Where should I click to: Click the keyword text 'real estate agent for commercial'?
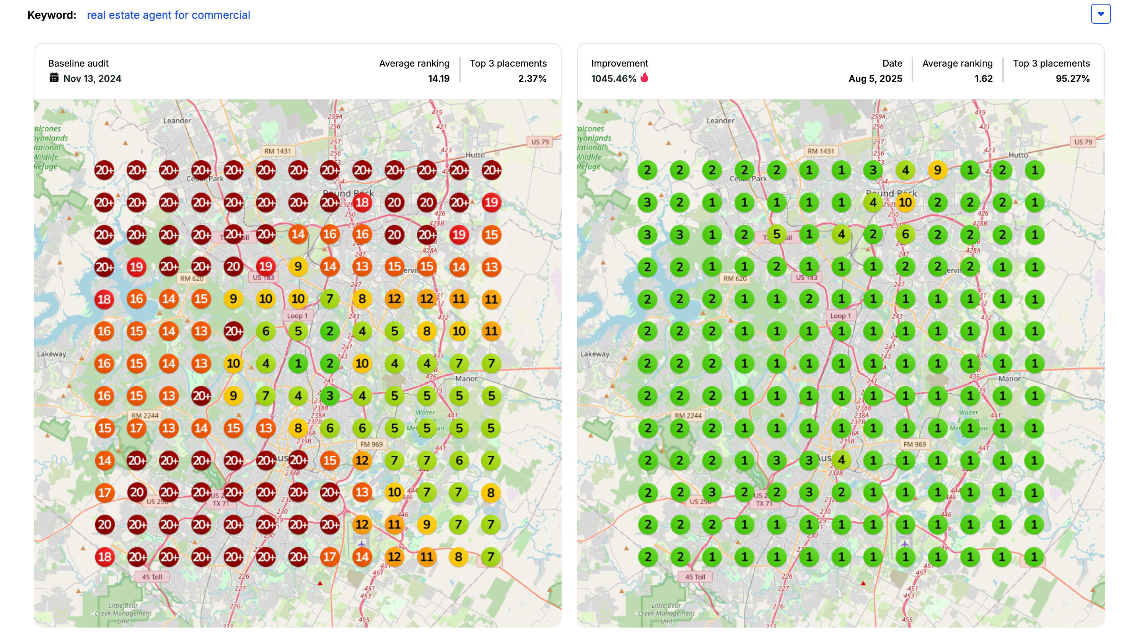click(168, 15)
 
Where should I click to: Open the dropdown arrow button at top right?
click(1100, 14)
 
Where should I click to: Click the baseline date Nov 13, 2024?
click(92, 79)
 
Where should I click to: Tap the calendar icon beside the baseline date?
click(54, 78)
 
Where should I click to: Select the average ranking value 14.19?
click(438, 79)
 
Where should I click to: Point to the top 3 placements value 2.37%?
click(532, 79)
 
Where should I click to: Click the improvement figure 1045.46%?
click(613, 79)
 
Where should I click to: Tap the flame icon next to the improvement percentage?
click(645, 78)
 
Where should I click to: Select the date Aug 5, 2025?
click(875, 79)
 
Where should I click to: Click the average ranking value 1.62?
click(983, 79)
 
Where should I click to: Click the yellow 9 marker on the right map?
click(937, 170)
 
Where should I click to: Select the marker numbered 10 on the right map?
click(905, 203)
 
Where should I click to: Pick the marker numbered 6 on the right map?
click(905, 235)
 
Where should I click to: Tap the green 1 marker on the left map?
click(298, 364)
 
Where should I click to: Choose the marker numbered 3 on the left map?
click(330, 396)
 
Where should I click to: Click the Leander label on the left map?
click(177, 121)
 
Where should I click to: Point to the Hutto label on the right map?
click(1018, 155)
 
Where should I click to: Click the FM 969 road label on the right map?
click(914, 444)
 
